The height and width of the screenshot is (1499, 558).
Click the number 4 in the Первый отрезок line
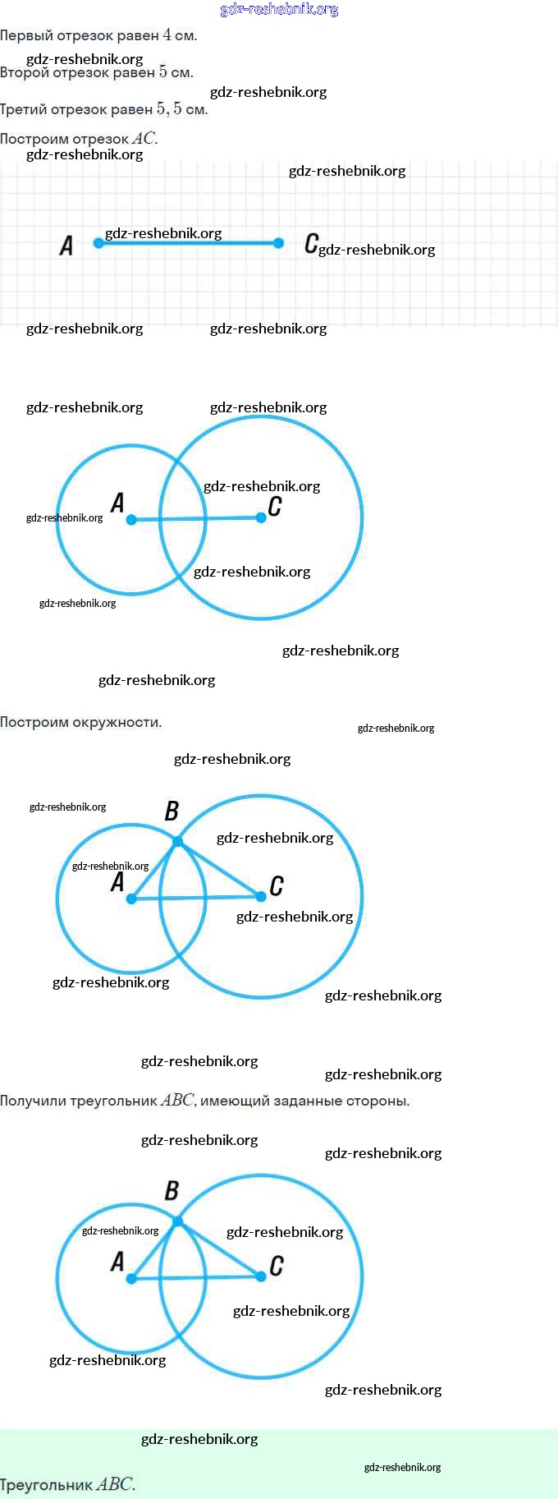[x=167, y=35]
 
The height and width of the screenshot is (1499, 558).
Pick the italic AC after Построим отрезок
[x=144, y=139]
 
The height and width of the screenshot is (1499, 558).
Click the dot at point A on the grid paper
[x=98, y=243]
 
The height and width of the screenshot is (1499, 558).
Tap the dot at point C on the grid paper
[x=278, y=243]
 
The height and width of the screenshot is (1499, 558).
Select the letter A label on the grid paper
[x=66, y=246]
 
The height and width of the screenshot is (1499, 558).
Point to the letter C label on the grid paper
[x=311, y=243]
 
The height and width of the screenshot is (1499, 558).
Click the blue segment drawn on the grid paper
[x=189, y=243]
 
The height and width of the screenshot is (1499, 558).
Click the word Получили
[x=33, y=1101]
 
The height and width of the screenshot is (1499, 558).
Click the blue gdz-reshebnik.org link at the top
[x=279, y=10]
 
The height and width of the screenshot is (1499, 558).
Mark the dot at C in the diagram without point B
[x=261, y=517]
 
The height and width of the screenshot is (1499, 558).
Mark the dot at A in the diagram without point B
[x=131, y=519]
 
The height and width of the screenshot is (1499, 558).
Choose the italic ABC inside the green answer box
[x=114, y=1484]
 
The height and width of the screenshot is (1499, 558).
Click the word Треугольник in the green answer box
[x=46, y=1485]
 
